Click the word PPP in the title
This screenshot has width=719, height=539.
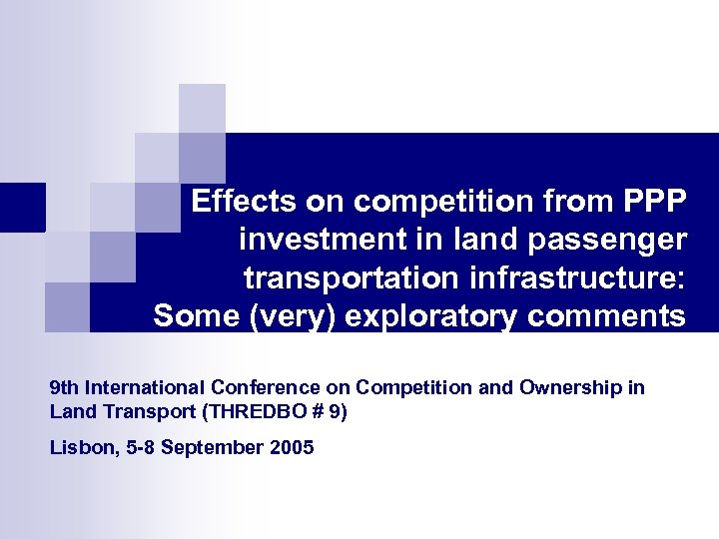(x=654, y=202)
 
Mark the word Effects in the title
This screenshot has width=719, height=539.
(x=245, y=202)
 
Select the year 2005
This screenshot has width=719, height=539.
(x=292, y=447)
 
